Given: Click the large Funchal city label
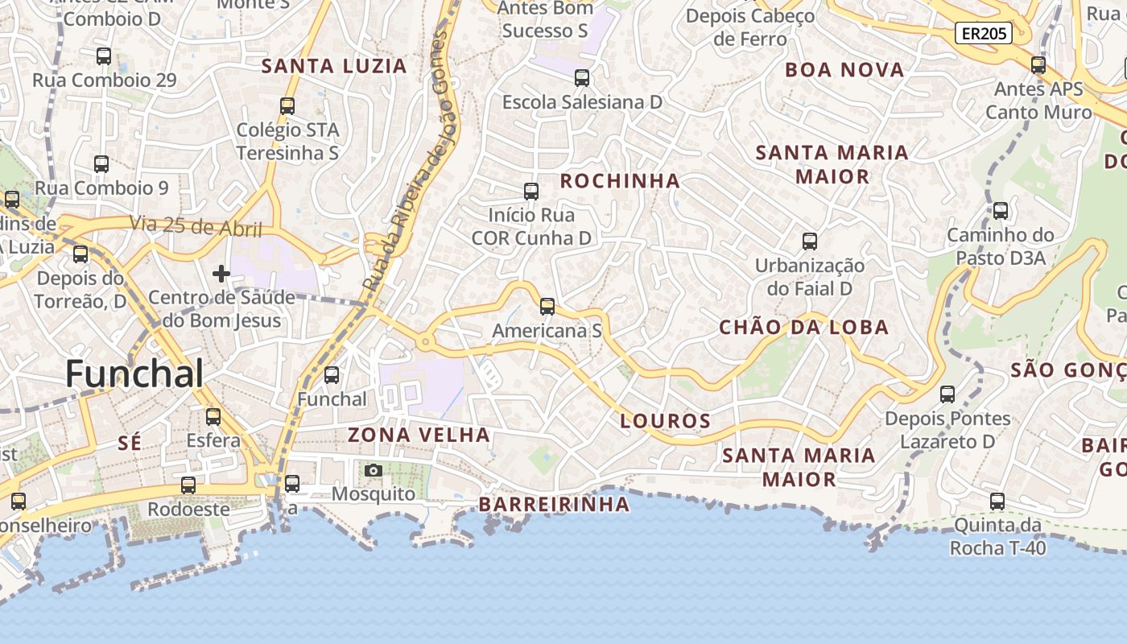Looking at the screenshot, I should pyautogui.click(x=134, y=374).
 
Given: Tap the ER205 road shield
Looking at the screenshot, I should pyautogui.click(x=983, y=33).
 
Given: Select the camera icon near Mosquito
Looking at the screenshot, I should pyautogui.click(x=373, y=470).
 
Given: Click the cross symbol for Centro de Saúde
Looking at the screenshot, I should pyautogui.click(x=221, y=274).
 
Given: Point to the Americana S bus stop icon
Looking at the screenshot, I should pyautogui.click(x=547, y=307).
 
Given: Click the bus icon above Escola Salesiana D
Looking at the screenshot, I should pyautogui.click(x=582, y=78).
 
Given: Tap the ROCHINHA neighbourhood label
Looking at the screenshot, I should pyautogui.click(x=620, y=181).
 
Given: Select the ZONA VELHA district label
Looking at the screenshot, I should pyautogui.click(x=419, y=436).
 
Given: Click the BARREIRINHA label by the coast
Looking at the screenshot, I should pyautogui.click(x=554, y=505).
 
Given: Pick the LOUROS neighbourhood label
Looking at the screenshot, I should pyautogui.click(x=666, y=421).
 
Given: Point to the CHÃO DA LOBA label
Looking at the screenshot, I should pyautogui.click(x=803, y=328).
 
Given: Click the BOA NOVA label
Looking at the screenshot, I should pyautogui.click(x=844, y=70).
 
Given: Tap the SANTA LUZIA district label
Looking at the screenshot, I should pyautogui.click(x=335, y=66).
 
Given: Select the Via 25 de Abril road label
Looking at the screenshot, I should pyautogui.click(x=197, y=226).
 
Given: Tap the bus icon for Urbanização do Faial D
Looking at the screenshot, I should pyautogui.click(x=810, y=242).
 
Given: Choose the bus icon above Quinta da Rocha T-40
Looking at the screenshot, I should pyautogui.click(x=997, y=502).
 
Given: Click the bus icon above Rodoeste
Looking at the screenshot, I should pyautogui.click(x=188, y=485).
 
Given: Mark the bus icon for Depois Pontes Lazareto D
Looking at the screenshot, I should pyautogui.click(x=947, y=394).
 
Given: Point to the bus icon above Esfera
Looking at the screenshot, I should pyautogui.click(x=213, y=417).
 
